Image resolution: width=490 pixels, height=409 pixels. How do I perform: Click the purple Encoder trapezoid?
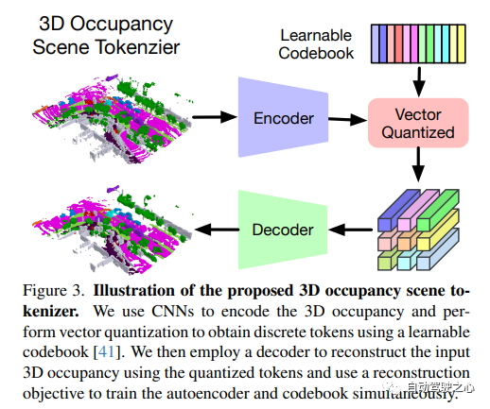pos(283,117)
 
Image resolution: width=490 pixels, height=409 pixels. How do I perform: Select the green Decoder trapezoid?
pos(283,230)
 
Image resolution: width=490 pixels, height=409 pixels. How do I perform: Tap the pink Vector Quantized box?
pos(418,123)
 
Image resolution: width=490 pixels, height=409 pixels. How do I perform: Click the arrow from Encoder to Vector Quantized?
pos(348,119)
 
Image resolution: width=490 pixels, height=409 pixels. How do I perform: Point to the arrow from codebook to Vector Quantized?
pos(419,81)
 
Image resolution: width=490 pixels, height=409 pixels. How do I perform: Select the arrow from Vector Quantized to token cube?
pos(418,164)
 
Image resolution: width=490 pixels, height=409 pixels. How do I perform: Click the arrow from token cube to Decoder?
pos(350,230)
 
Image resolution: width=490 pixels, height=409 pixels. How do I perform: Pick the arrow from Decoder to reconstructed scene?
pos(217,230)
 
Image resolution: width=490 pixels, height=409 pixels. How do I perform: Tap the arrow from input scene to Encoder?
pos(215,117)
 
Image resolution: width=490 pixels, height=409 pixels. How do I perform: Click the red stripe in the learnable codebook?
pos(399,43)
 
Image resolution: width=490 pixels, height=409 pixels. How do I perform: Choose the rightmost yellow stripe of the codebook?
pos(462,43)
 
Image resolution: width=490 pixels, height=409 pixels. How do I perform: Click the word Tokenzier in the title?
pos(138,47)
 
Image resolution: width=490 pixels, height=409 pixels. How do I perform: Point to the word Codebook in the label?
pos(316,53)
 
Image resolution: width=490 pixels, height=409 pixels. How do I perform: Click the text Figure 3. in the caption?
pos(53,290)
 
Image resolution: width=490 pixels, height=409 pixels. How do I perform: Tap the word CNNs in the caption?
pos(172,311)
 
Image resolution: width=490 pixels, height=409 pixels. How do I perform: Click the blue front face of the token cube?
pos(384,225)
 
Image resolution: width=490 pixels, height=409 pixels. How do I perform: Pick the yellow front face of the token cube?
pos(423,244)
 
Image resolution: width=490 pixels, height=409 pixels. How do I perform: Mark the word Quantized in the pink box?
pos(418,132)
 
